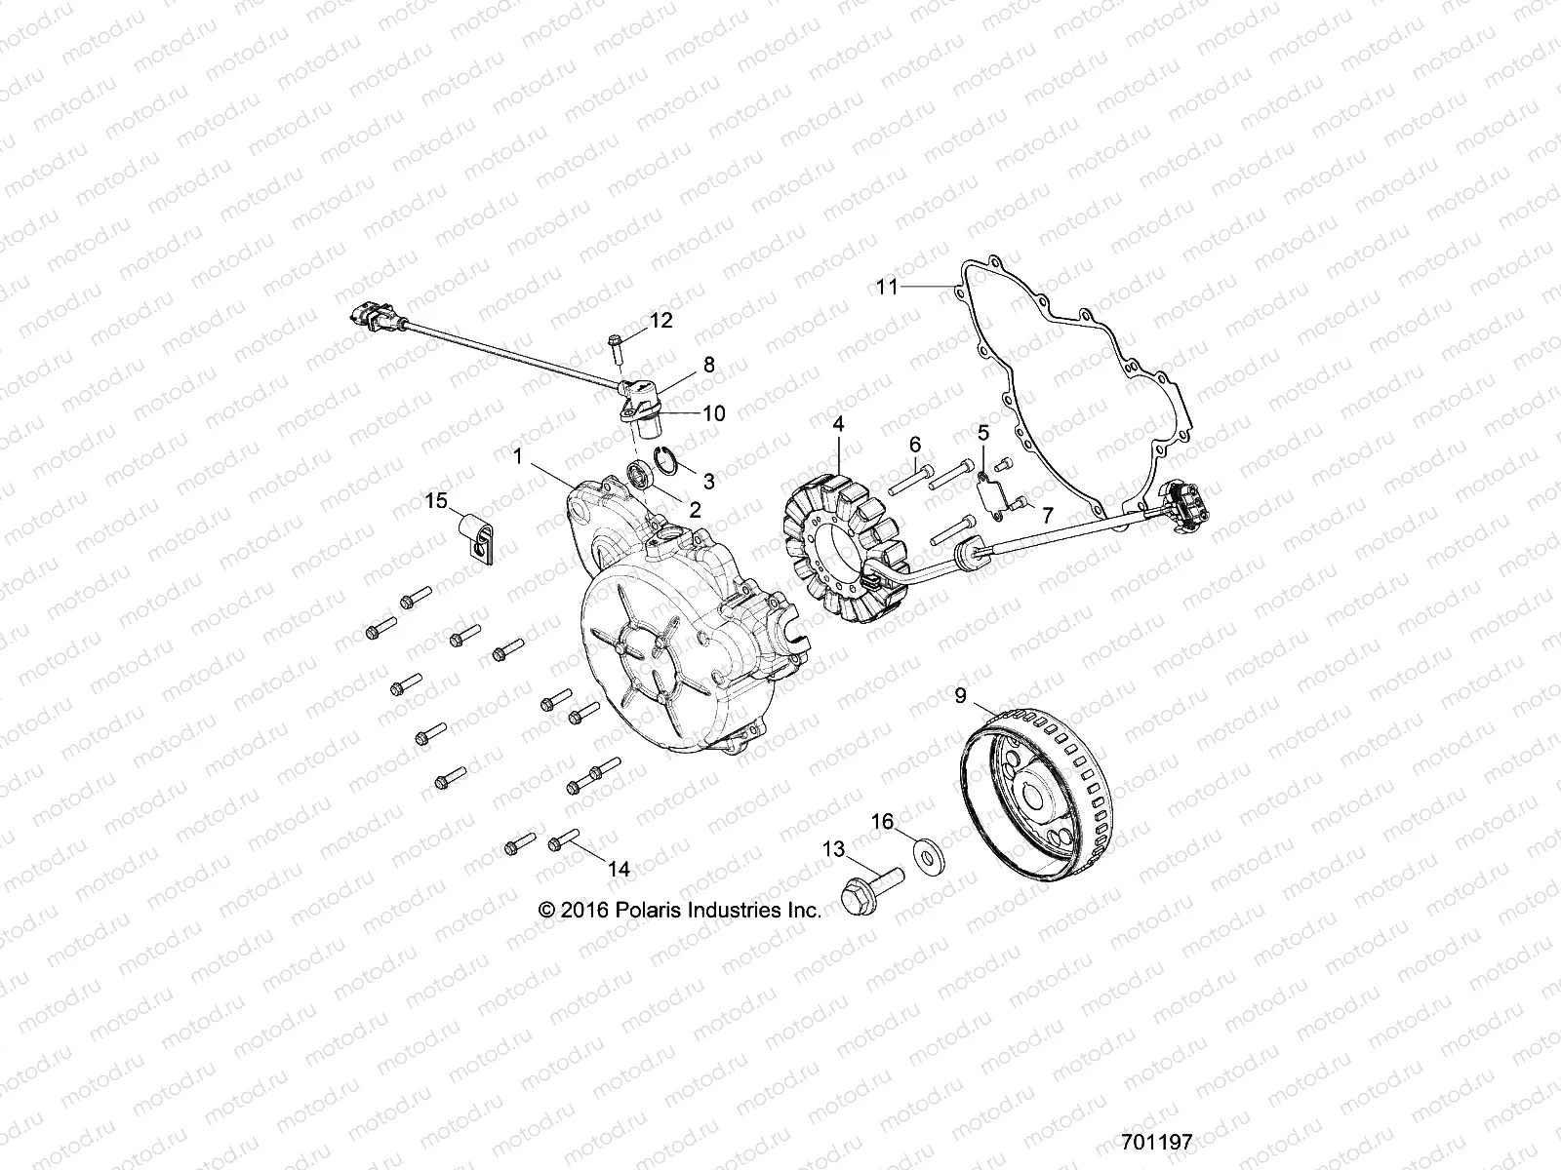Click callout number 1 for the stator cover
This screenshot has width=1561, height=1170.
519,454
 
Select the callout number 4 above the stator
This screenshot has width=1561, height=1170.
837,425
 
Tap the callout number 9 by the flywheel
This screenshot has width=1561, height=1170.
960,696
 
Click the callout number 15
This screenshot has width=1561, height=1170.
435,501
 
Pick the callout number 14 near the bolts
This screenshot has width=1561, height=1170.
619,869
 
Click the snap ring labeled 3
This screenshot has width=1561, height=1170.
665,460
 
